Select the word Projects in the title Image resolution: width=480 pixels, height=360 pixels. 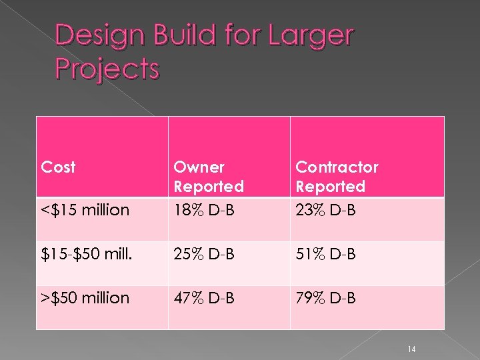point(107,68)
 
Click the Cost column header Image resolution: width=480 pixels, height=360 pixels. point(58,167)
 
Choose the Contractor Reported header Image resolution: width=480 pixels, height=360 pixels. point(337,177)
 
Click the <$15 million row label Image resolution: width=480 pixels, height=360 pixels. point(85,211)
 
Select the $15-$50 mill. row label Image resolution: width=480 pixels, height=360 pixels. point(85,254)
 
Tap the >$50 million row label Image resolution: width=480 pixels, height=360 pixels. point(85,298)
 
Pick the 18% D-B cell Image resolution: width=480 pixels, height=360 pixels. point(203,211)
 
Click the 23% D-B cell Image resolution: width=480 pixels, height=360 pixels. point(326,211)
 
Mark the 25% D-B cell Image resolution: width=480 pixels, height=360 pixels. point(203,254)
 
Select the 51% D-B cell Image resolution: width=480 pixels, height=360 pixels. point(325,254)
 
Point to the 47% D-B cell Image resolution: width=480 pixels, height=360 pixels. point(203,298)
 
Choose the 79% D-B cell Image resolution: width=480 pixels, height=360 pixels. point(326,298)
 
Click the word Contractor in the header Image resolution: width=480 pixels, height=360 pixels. point(337,167)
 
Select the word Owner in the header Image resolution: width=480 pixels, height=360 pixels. point(199,167)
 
